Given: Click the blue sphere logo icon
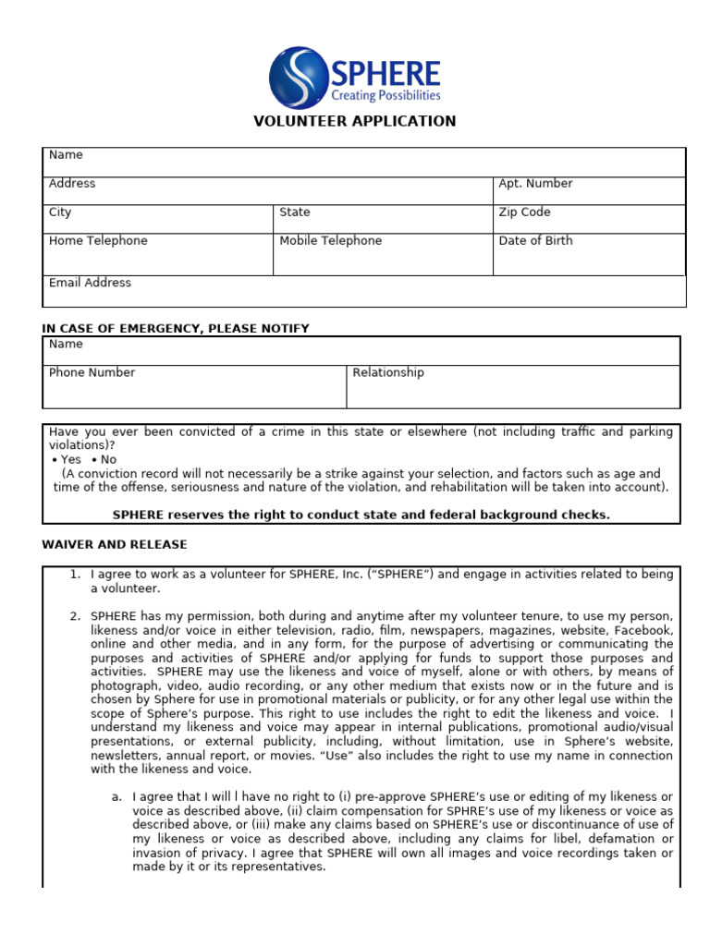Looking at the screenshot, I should click(300, 78).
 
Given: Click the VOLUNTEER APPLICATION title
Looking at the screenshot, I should click(355, 121).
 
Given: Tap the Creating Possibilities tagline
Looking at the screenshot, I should click(386, 95).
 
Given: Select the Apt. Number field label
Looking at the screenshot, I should click(535, 184).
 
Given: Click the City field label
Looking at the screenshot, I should click(60, 212).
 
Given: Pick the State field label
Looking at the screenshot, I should click(295, 212).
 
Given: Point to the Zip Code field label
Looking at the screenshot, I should click(524, 212).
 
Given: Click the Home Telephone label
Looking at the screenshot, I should click(98, 241).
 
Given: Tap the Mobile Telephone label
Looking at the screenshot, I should click(330, 241).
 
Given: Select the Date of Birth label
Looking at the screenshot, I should click(535, 241).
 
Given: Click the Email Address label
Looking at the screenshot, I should click(90, 283).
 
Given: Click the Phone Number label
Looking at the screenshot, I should click(92, 373).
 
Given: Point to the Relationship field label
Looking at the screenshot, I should click(388, 373).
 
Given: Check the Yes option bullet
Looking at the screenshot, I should click(55, 460).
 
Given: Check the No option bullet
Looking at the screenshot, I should click(94, 460).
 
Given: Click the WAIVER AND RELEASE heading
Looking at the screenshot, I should click(115, 545).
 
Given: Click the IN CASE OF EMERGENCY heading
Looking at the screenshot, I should click(176, 329).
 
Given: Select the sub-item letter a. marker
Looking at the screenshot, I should click(116, 796).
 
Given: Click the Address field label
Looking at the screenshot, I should click(72, 184).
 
